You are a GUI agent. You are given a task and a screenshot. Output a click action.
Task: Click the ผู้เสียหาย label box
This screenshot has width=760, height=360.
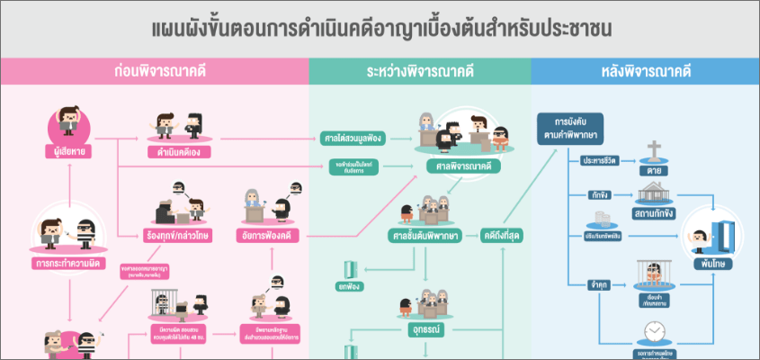click(x=69, y=150)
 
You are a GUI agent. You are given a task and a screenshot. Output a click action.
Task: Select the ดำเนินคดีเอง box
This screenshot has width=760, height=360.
click(x=178, y=151)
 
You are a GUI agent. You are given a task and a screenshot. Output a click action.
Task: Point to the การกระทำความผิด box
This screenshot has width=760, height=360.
click(x=68, y=264)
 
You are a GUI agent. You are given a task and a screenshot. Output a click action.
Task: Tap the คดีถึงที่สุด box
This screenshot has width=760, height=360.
click(x=504, y=237)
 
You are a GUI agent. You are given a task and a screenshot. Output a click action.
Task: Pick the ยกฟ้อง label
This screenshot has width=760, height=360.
click(x=349, y=286)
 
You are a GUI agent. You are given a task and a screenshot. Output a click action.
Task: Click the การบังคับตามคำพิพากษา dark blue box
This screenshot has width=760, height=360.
click(x=569, y=128)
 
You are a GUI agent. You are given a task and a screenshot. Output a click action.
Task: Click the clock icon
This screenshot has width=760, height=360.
click(x=654, y=331)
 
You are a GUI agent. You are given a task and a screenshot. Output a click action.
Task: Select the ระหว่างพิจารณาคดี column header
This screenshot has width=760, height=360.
click(x=419, y=70)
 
